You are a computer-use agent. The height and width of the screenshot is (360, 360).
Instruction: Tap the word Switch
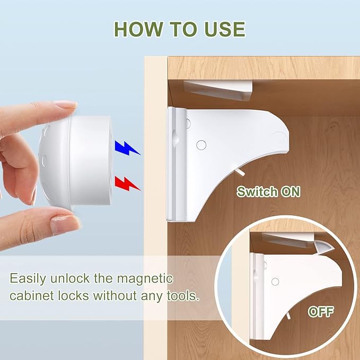tap(256, 191)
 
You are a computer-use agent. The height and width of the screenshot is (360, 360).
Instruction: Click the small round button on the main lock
tap(201, 144)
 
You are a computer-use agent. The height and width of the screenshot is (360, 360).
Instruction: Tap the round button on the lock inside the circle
tap(275, 282)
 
